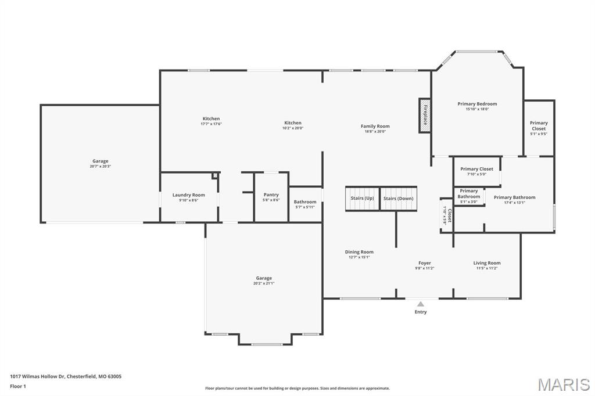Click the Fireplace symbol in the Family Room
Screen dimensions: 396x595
point(425,115)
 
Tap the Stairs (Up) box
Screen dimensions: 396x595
point(362,199)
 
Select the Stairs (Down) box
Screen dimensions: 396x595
point(399,199)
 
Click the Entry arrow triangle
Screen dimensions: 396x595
point(421,304)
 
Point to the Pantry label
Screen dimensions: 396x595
point(271,195)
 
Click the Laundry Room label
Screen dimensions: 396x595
point(188,195)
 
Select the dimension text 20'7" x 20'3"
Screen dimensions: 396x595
point(100,167)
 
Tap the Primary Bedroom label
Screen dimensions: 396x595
point(477,104)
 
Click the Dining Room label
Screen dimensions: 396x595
point(359,252)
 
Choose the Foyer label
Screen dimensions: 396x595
point(425,263)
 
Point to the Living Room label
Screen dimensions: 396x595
point(486,263)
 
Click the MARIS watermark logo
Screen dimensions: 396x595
point(563,384)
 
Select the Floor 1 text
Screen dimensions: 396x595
point(19,386)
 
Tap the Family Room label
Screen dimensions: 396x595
point(375,126)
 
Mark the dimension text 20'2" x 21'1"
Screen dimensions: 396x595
point(264,283)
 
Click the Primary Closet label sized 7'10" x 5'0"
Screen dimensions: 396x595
point(476,169)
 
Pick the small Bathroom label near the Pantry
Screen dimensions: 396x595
point(304,202)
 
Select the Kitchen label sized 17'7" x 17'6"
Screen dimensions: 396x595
point(211,118)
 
